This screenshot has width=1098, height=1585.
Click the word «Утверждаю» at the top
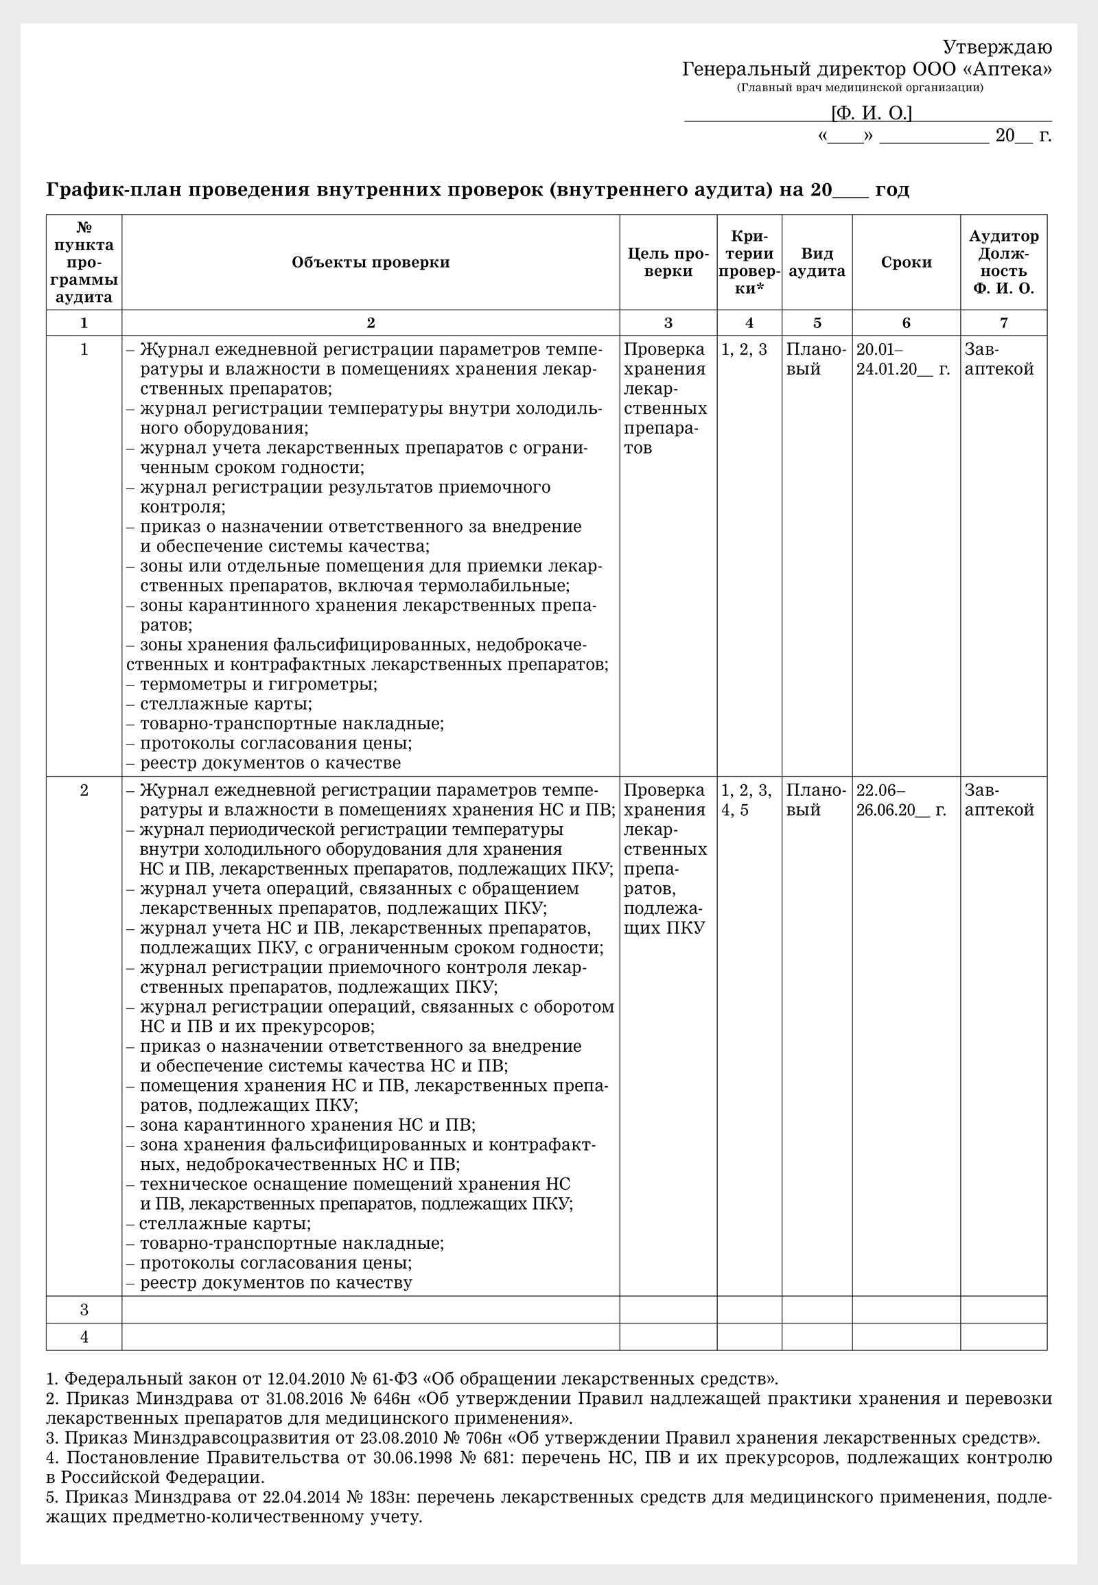[996, 47]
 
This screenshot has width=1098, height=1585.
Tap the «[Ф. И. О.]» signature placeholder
[871, 113]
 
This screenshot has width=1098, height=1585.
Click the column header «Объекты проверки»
[370, 262]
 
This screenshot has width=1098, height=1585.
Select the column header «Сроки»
[906, 262]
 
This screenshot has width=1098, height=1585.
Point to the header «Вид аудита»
[817, 262]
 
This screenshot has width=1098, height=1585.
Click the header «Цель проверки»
[667, 262]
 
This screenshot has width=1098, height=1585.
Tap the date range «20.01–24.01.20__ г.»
[902, 359]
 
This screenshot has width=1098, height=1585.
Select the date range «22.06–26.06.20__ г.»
[902, 799]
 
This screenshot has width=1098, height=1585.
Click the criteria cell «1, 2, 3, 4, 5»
[748, 799]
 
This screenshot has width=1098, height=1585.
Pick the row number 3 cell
[84, 1309]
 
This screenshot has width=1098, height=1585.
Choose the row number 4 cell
[84, 1337]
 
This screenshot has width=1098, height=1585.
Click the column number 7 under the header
[1003, 322]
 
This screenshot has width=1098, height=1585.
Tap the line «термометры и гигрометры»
[258, 685]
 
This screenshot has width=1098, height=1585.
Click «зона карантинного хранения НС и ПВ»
[307, 1125]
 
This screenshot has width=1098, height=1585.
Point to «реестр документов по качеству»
[276, 1282]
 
